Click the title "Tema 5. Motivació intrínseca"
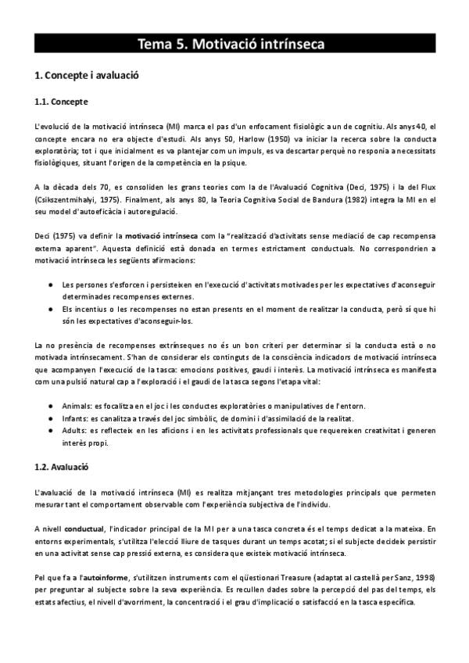pos(231,44)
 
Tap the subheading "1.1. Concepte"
pos(62,102)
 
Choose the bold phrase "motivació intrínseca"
pos(159,236)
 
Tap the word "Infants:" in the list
pos(75,419)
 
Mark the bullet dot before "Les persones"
pos(51,285)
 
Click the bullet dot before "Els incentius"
pos(51,310)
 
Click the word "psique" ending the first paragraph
pos(234,162)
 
